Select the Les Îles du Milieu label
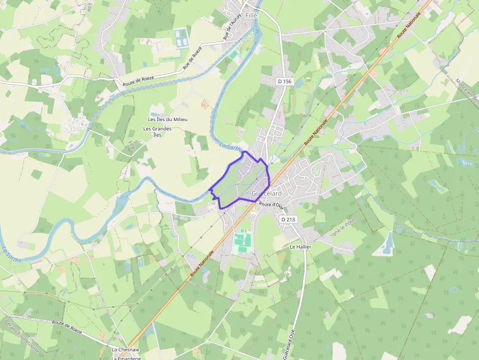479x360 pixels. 168,120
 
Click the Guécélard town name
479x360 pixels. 266,193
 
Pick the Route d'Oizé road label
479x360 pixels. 272,205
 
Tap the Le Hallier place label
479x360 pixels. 301,247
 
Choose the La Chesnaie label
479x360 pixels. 126,350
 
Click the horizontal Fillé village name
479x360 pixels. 251,16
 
